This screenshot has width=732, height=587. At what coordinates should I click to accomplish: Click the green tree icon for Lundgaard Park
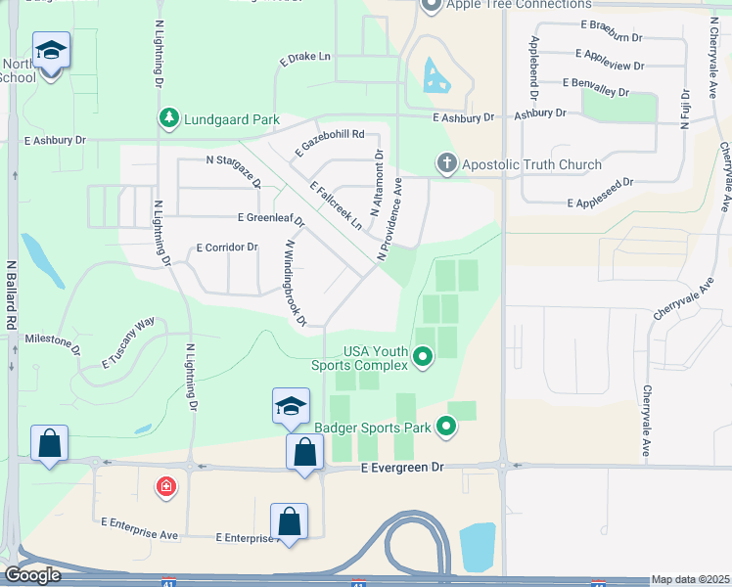[169, 119]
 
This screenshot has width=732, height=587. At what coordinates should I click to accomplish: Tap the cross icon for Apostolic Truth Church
[447, 163]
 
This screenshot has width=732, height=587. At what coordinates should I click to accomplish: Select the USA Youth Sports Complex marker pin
[423, 358]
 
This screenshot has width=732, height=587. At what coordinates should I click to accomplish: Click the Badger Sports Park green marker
[446, 426]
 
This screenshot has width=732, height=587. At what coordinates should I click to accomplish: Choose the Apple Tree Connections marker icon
[433, 6]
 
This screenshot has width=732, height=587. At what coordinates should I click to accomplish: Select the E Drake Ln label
[305, 57]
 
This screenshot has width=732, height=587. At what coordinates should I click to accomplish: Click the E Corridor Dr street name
[227, 248]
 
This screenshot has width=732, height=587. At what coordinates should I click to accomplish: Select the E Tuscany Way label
[128, 343]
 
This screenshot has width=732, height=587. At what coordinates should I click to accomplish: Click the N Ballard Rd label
[12, 293]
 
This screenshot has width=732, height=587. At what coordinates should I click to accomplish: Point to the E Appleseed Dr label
[600, 191]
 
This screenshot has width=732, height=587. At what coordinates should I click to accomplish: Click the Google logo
[31, 575]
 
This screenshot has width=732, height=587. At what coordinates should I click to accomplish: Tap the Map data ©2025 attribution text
[690, 579]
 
